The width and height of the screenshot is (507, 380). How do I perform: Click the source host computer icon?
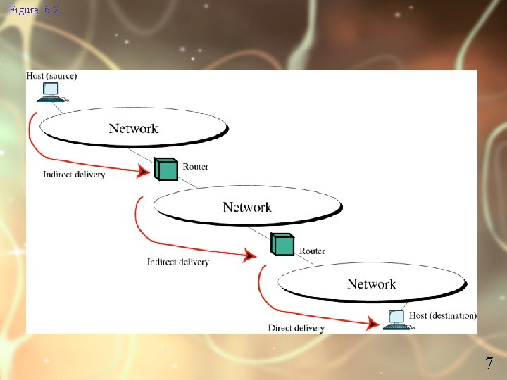click(51, 91)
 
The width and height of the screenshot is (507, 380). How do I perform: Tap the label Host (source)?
click(51, 75)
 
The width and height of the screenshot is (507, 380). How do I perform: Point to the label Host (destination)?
click(443, 315)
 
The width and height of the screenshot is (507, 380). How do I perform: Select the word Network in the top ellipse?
click(133, 128)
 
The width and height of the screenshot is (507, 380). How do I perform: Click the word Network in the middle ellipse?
click(247, 207)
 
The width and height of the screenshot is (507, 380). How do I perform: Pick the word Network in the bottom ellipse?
click(371, 284)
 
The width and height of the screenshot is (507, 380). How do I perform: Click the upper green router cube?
click(166, 169)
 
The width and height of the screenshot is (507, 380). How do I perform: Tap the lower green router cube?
click(282, 243)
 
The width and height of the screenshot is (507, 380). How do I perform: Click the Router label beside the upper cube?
click(195, 167)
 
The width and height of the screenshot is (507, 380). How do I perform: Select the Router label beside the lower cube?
click(312, 251)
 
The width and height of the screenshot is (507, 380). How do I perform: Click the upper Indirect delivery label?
click(74, 175)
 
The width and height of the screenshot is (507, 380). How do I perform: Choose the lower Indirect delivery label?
click(178, 262)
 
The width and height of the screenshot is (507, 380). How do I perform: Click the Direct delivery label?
click(296, 328)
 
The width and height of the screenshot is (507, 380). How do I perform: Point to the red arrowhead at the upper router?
click(144, 171)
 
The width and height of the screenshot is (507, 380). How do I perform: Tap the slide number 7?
click(489, 364)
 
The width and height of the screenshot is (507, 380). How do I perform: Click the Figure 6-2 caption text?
click(34, 11)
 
